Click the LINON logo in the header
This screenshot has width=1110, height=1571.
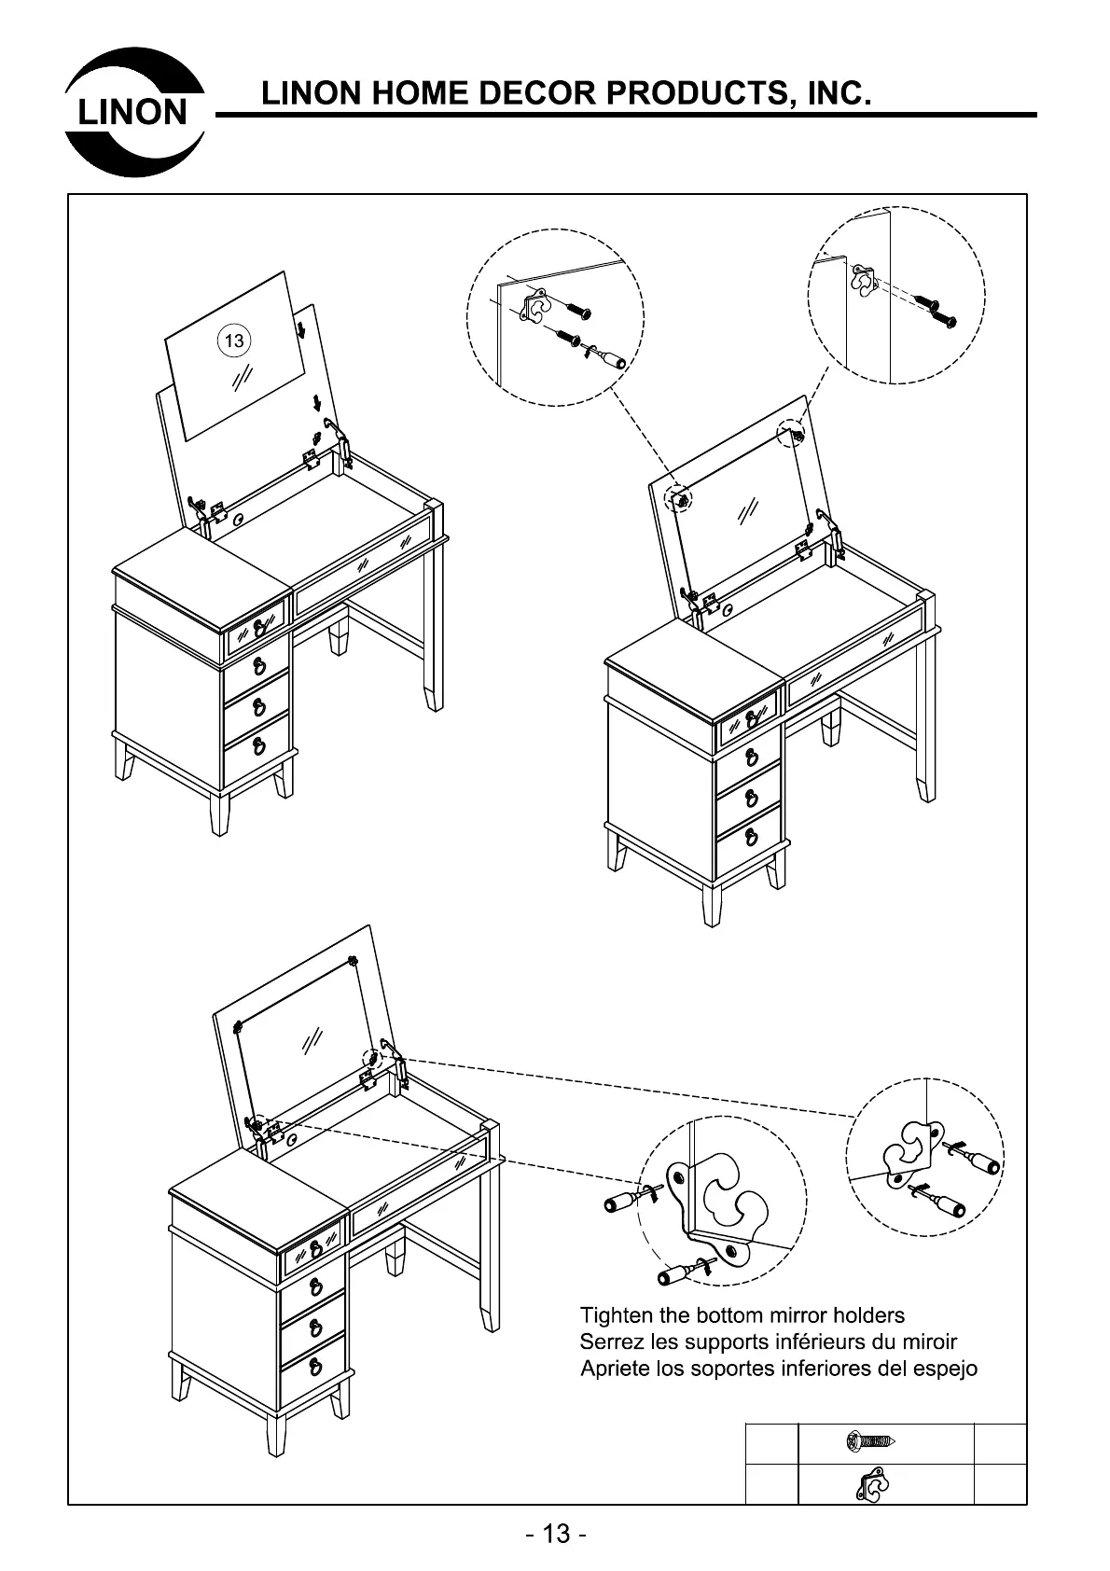(134, 113)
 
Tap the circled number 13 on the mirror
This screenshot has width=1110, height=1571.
(234, 341)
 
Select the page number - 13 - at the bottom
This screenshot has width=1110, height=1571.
(556, 1534)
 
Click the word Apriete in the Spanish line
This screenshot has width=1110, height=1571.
(614, 1369)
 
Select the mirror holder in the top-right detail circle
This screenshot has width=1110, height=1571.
(864, 280)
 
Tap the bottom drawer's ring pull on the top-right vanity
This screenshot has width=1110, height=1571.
(750, 837)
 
